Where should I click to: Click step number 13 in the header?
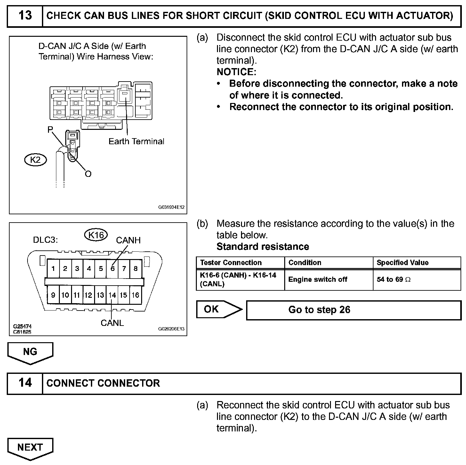tap(25, 15)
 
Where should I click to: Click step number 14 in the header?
tap(25, 383)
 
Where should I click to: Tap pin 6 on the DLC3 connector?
tap(112, 269)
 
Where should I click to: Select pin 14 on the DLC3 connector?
tap(112, 295)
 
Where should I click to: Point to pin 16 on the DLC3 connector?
tap(135, 295)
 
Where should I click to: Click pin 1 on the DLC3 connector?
tap(53, 269)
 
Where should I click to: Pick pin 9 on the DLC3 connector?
tap(53, 295)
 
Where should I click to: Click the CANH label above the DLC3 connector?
tap(128, 240)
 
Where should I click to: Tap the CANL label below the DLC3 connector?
tap(112, 323)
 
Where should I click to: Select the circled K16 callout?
tap(96, 235)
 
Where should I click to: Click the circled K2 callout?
tap(36, 159)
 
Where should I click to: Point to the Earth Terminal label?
tap(136, 141)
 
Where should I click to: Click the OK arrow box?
tap(218, 309)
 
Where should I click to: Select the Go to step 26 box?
tap(353, 310)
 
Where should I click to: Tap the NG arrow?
tap(30, 352)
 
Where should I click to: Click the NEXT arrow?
tap(30, 448)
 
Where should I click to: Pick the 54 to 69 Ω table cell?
tap(417, 280)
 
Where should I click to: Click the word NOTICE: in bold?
tap(237, 72)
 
